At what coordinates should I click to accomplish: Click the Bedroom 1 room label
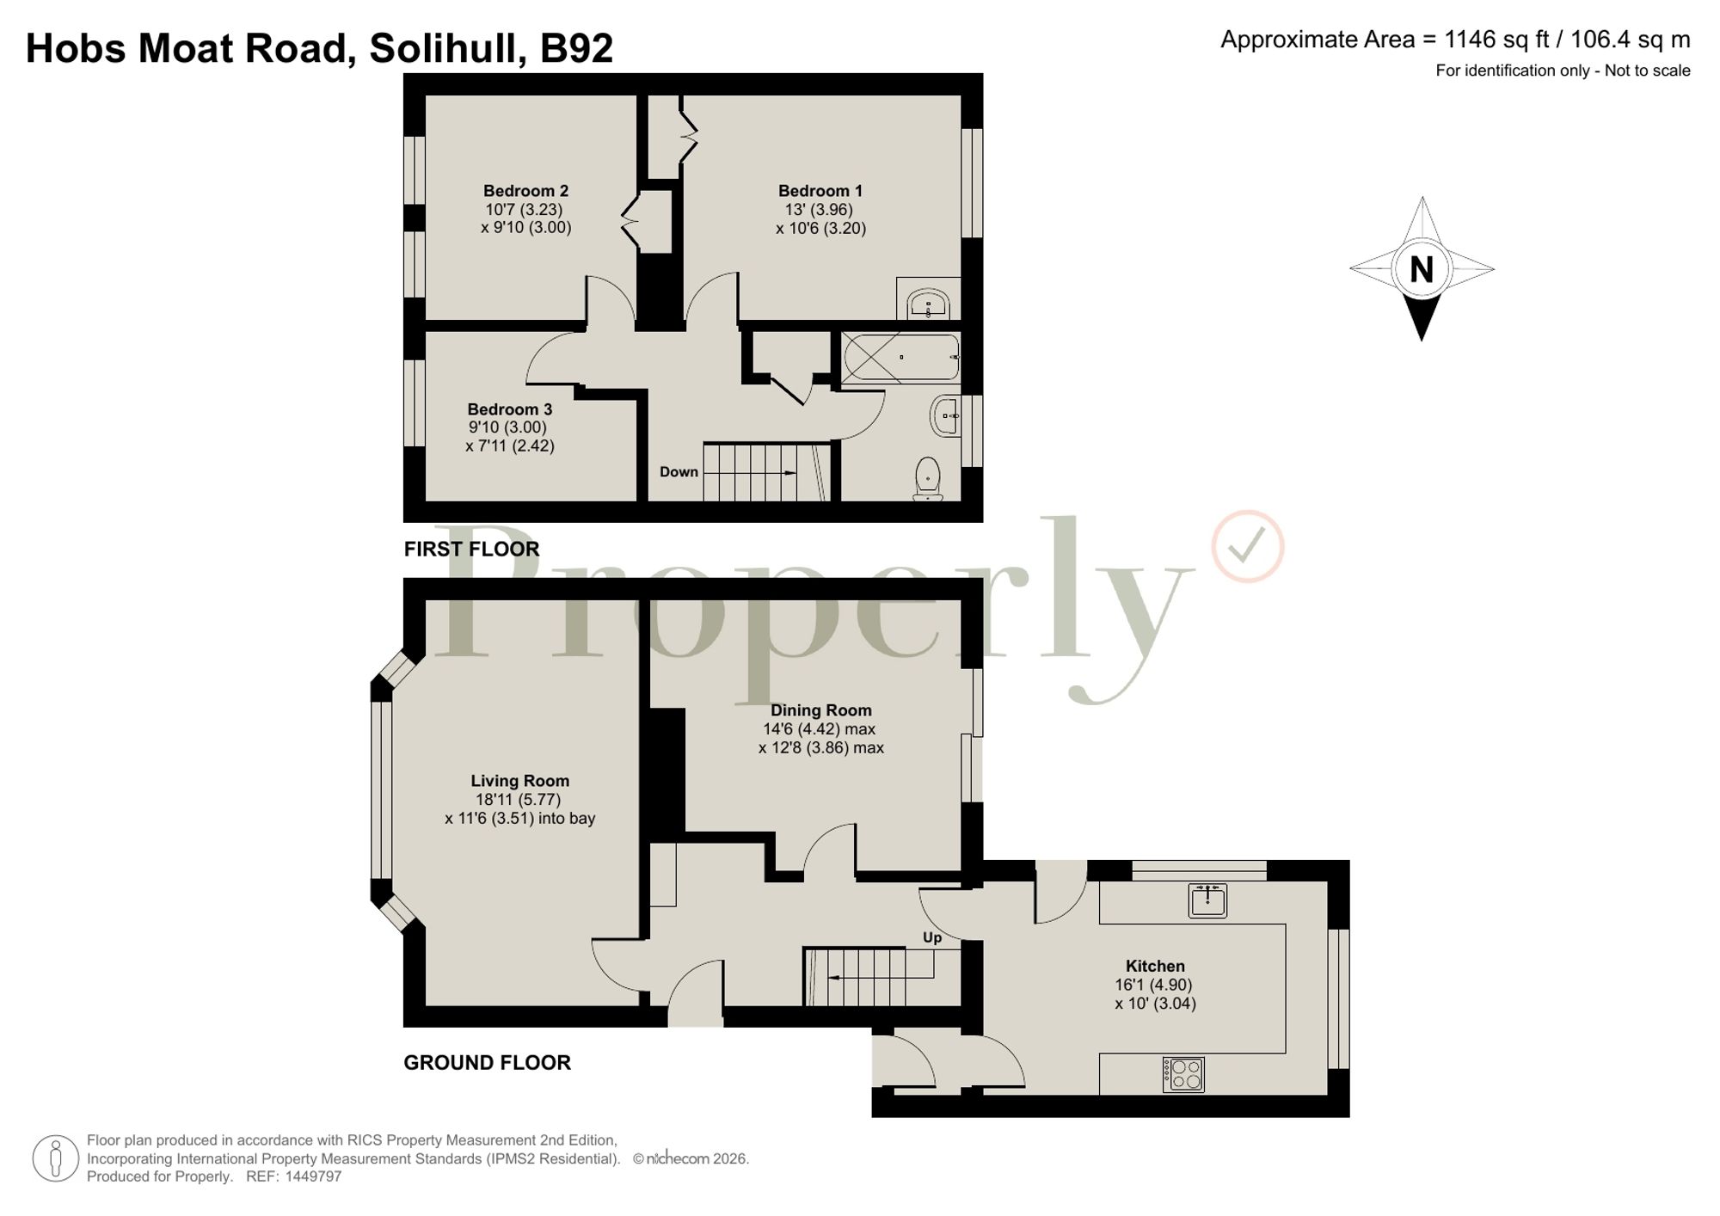(x=820, y=191)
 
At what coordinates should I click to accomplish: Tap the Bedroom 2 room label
(x=525, y=191)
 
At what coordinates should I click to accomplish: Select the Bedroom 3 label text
(x=509, y=409)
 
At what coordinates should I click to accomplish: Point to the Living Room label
(x=519, y=781)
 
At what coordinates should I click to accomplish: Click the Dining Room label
(x=820, y=710)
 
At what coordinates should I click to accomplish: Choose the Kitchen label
(x=1155, y=966)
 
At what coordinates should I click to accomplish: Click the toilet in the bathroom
(x=927, y=478)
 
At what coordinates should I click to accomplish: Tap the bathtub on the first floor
(x=900, y=357)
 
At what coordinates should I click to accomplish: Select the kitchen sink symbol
(x=1207, y=900)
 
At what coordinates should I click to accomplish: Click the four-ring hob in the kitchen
(x=1183, y=1074)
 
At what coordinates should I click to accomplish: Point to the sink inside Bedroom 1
(x=928, y=304)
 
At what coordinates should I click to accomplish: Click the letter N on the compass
(x=1422, y=270)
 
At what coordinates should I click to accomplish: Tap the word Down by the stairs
(x=679, y=472)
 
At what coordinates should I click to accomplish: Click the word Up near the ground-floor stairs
(x=932, y=937)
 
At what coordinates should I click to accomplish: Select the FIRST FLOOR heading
(x=471, y=549)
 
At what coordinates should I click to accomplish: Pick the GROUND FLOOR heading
(x=487, y=1063)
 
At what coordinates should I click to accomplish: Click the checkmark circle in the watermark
(x=1248, y=546)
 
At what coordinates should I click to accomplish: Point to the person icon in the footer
(x=56, y=1158)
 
